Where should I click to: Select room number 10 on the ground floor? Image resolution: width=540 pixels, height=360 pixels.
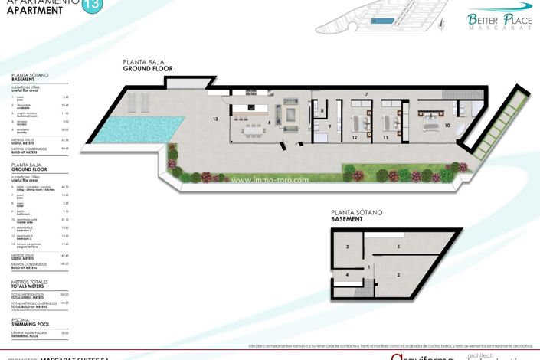pos(447,124)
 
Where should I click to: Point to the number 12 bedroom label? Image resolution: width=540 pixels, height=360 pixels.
pos(355,138)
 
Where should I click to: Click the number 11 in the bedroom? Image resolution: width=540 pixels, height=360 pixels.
pos(385,138)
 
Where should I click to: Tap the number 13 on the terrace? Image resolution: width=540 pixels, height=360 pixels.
pos(216,119)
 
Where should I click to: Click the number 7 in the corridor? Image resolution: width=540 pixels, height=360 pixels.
pos(366,94)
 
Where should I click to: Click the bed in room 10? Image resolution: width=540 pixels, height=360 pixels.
pos(427,119)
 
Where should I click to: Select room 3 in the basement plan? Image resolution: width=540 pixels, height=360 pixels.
pos(347,247)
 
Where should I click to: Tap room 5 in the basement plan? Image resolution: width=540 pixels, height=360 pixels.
pos(399,247)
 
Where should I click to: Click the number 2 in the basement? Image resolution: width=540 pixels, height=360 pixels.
pos(399,273)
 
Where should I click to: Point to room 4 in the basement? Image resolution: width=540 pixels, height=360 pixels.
pos(347,274)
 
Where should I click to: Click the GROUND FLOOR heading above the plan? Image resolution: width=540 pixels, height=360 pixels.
pos(148,69)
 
